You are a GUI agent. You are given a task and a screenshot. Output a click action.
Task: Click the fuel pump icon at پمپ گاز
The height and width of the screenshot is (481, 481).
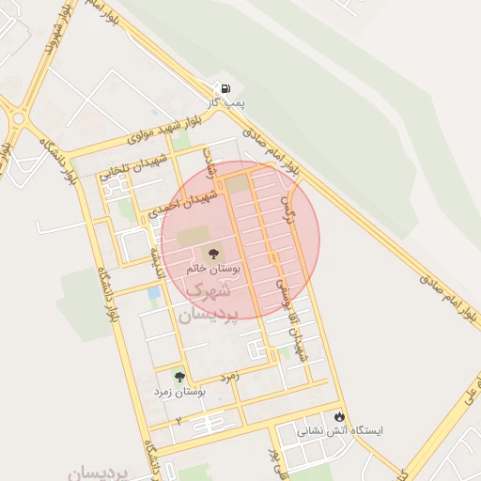coord(225,89)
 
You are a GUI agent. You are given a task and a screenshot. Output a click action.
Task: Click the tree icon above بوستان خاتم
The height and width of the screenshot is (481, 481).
coord(212,253)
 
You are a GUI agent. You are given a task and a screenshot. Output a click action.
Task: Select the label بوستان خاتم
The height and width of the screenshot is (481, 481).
coord(213,269)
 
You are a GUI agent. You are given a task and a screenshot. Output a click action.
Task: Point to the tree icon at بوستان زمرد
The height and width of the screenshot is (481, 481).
coord(179,377)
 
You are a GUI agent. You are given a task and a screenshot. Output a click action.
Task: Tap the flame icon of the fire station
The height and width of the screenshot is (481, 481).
coord(339,416)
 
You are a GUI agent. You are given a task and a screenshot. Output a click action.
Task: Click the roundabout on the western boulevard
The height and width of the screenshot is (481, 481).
coord(18,118)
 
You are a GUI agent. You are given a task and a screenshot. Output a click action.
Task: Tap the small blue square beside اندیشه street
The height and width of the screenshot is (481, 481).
coord(153,293)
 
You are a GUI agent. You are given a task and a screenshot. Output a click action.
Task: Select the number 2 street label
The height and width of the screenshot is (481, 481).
coord(178,420)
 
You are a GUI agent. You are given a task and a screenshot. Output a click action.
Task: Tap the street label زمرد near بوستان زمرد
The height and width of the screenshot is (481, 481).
coord(231,375)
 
